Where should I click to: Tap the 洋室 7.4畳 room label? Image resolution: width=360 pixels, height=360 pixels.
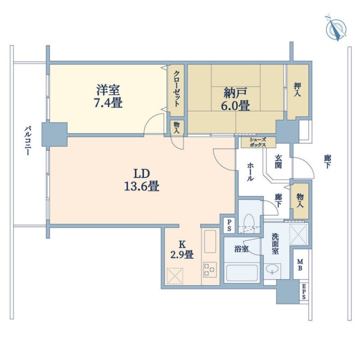(108, 96)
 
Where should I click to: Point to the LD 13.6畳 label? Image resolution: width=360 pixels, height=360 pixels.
(142, 180)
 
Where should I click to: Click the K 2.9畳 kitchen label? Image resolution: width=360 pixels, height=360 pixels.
(182, 250)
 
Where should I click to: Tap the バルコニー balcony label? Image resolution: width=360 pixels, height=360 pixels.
(28, 141)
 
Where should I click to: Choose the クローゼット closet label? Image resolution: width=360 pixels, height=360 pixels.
(176, 89)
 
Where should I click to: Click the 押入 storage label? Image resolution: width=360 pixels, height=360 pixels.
(298, 89)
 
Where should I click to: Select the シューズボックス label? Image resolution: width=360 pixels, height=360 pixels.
(258, 142)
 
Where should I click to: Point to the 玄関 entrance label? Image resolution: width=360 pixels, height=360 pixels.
(278, 161)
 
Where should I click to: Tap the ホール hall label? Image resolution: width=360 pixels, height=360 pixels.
(250, 172)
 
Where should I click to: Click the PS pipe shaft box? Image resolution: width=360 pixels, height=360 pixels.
(229, 226)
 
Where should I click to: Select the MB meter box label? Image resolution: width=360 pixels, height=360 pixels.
(300, 265)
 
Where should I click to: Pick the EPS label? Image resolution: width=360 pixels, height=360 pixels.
(304, 291)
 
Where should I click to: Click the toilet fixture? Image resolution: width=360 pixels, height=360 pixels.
(249, 221)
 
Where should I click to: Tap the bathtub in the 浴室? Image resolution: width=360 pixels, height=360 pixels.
(242, 272)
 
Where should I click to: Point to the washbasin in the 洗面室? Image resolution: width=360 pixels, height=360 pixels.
(272, 269)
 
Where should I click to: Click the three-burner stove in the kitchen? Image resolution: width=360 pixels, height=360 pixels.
(210, 269)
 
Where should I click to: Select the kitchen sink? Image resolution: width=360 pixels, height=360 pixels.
(210, 241)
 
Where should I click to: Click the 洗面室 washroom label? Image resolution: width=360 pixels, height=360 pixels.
(275, 244)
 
